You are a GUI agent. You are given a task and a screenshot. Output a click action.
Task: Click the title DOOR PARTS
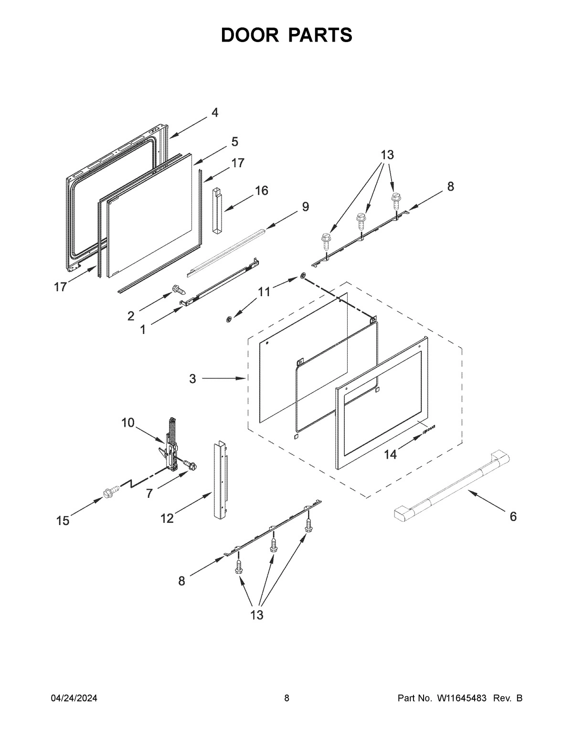point(286,35)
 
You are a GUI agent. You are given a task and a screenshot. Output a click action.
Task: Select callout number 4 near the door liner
point(215,113)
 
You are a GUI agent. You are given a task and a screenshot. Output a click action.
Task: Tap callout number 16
point(261,191)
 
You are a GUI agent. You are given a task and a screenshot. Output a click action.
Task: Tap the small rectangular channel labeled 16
point(218,210)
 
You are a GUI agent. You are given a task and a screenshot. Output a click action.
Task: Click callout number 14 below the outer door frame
point(391,455)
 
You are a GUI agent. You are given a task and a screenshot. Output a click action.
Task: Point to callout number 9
point(305,207)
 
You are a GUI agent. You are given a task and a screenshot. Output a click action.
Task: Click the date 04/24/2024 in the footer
point(74,699)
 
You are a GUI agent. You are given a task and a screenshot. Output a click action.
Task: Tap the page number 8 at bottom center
point(286,699)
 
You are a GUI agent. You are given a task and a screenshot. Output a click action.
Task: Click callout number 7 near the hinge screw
point(149,494)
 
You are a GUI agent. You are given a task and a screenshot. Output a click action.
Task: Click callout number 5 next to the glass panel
point(234,141)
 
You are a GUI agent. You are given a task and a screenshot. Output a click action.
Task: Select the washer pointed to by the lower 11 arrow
point(230,318)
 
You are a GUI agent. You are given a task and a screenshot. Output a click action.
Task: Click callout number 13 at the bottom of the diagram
point(257,615)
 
